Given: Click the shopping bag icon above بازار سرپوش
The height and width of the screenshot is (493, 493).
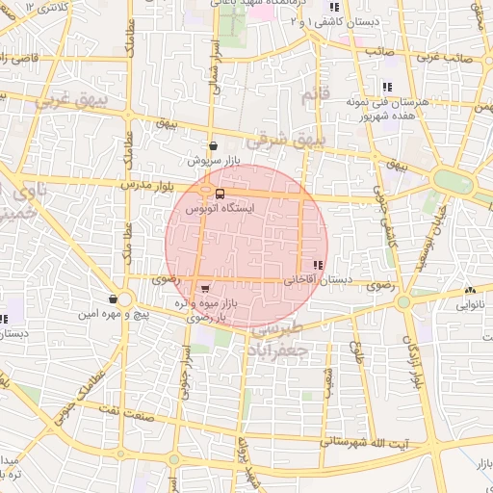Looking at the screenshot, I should [212, 146].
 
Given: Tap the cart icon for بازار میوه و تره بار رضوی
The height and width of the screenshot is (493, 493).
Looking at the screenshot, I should [204, 287].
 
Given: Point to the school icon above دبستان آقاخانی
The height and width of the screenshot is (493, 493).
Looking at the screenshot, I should [319, 265].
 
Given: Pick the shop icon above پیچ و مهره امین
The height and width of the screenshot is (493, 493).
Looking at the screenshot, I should [114, 299].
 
